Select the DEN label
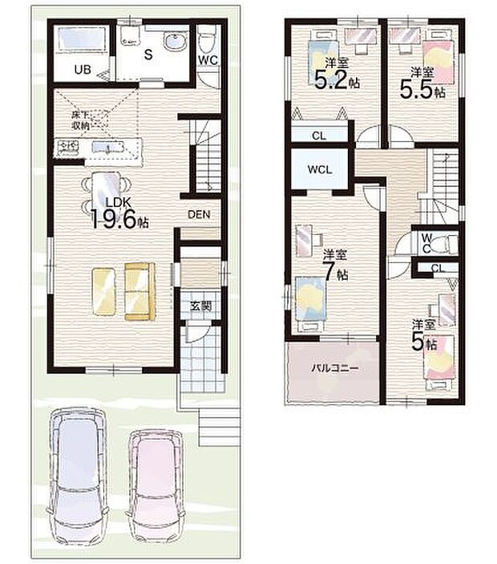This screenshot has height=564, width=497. [x=199, y=214]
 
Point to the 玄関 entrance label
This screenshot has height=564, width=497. [x=200, y=305]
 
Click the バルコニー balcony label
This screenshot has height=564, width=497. [x=333, y=368]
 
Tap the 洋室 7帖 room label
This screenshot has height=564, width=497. [x=336, y=265]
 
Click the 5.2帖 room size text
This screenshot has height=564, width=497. [x=330, y=81]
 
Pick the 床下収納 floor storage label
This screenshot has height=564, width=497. [x=80, y=120]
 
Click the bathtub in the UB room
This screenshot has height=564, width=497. [x=83, y=38]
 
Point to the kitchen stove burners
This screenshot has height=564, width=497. [x=67, y=147]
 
